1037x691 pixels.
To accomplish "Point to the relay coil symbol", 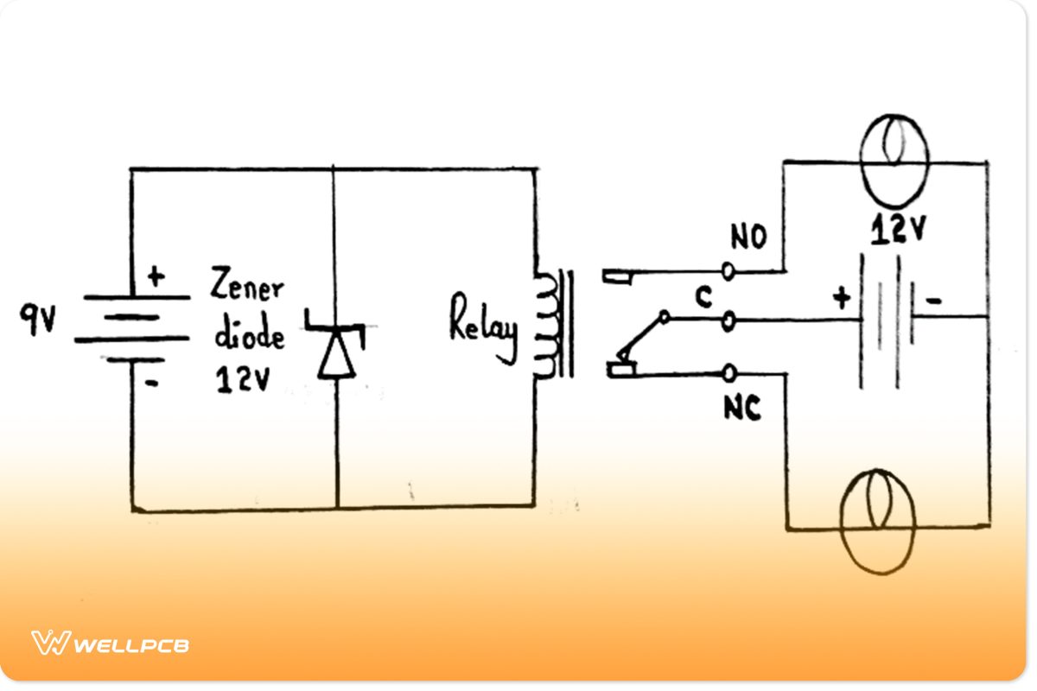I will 546,326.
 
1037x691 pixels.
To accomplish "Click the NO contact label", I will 748,238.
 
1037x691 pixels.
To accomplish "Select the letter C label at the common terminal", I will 704,298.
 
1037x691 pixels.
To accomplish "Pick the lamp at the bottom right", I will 877,521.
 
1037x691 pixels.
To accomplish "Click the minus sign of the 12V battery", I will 934,301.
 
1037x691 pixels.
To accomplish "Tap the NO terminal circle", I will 728,271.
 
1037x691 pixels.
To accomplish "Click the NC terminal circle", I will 728,373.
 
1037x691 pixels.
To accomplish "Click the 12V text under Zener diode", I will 243,381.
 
